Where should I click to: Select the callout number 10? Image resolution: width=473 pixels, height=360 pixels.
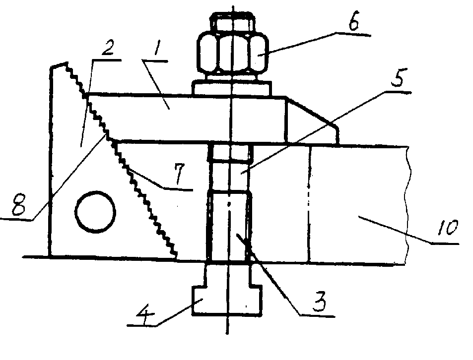point(447,227)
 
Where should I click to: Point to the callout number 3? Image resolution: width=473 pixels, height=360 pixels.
point(319,302)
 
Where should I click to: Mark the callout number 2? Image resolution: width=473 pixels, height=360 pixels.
point(107,47)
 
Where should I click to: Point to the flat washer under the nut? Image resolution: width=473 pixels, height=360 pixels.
point(232,88)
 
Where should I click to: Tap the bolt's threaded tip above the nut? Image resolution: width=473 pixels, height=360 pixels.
point(233,22)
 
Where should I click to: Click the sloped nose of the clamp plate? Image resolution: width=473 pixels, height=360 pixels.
point(312,120)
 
